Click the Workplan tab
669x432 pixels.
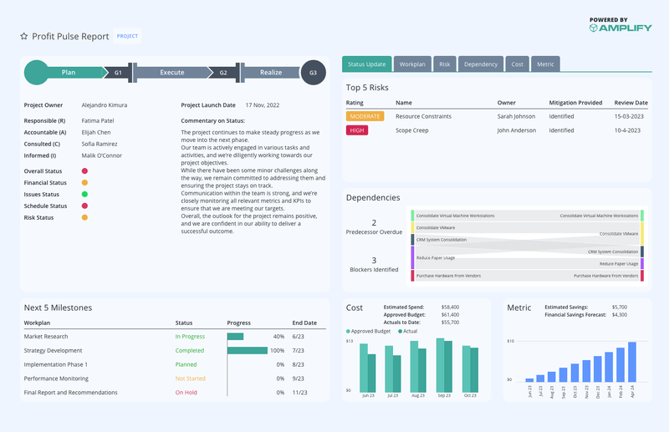click(x=412, y=64)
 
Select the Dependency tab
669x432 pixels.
click(x=480, y=64)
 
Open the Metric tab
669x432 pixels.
click(x=545, y=64)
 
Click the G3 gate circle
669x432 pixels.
click(x=313, y=73)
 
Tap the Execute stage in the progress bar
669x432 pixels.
click(x=171, y=73)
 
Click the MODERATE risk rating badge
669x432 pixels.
click(x=365, y=116)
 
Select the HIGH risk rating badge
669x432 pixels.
click(x=357, y=130)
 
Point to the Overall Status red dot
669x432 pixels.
click(x=84, y=170)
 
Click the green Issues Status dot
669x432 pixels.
click(x=84, y=194)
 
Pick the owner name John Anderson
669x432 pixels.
click(x=517, y=130)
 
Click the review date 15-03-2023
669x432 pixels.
click(x=628, y=116)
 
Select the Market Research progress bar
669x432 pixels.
click(x=235, y=337)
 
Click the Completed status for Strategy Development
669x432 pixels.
click(x=189, y=351)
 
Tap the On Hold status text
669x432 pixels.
click(x=186, y=392)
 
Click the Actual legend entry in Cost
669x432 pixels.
click(x=406, y=332)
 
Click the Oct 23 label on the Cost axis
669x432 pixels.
click(x=469, y=395)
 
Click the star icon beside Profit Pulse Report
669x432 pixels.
click(x=24, y=37)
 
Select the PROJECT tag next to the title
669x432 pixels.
click(x=127, y=37)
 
